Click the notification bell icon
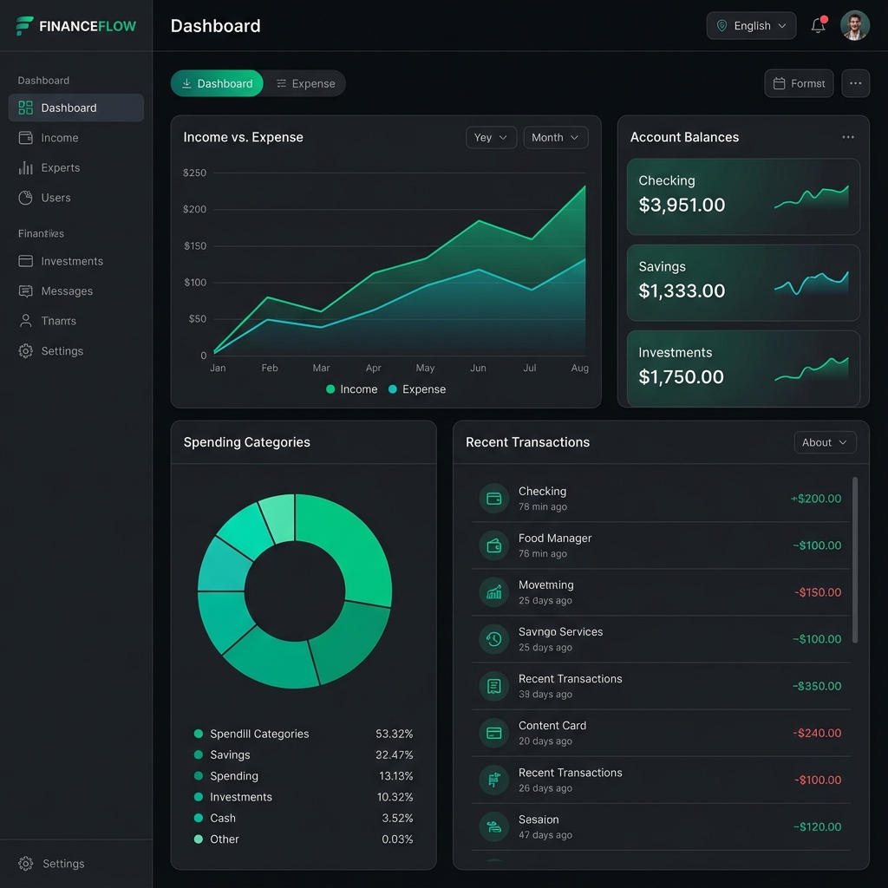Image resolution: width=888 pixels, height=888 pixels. click(818, 26)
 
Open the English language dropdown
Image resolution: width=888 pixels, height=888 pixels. click(751, 26)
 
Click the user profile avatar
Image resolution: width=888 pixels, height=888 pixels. click(854, 26)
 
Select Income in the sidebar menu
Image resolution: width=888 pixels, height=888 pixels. click(59, 138)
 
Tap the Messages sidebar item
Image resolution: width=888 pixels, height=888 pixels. click(66, 291)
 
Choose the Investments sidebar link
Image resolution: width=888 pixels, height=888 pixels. click(71, 261)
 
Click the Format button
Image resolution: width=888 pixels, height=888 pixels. click(799, 83)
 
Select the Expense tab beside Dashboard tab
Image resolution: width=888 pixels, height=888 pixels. click(305, 83)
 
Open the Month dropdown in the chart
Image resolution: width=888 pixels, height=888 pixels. click(555, 137)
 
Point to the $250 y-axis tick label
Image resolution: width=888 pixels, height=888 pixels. click(195, 173)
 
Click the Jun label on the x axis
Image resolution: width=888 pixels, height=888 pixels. click(478, 368)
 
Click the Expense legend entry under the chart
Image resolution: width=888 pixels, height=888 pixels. click(416, 389)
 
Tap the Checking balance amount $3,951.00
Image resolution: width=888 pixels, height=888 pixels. click(682, 206)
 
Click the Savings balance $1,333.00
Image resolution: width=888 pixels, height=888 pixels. click(682, 291)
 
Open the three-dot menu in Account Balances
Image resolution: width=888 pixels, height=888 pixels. click(847, 137)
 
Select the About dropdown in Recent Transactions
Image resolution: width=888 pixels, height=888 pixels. click(825, 442)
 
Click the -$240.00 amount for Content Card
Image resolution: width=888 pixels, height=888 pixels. click(817, 733)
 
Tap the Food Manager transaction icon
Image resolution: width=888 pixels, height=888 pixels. click(493, 545)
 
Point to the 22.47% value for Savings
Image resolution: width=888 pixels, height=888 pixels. click(394, 755)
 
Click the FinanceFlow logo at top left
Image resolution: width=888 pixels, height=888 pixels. click(76, 26)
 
